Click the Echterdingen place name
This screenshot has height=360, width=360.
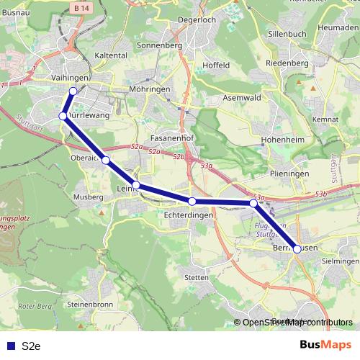(189, 215)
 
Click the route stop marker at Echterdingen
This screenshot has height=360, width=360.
(192, 202)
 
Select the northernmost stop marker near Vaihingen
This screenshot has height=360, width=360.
(73, 91)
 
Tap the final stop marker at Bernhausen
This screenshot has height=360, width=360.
(297, 249)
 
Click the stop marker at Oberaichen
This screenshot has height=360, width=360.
(106, 160)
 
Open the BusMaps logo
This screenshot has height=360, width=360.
(326, 345)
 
